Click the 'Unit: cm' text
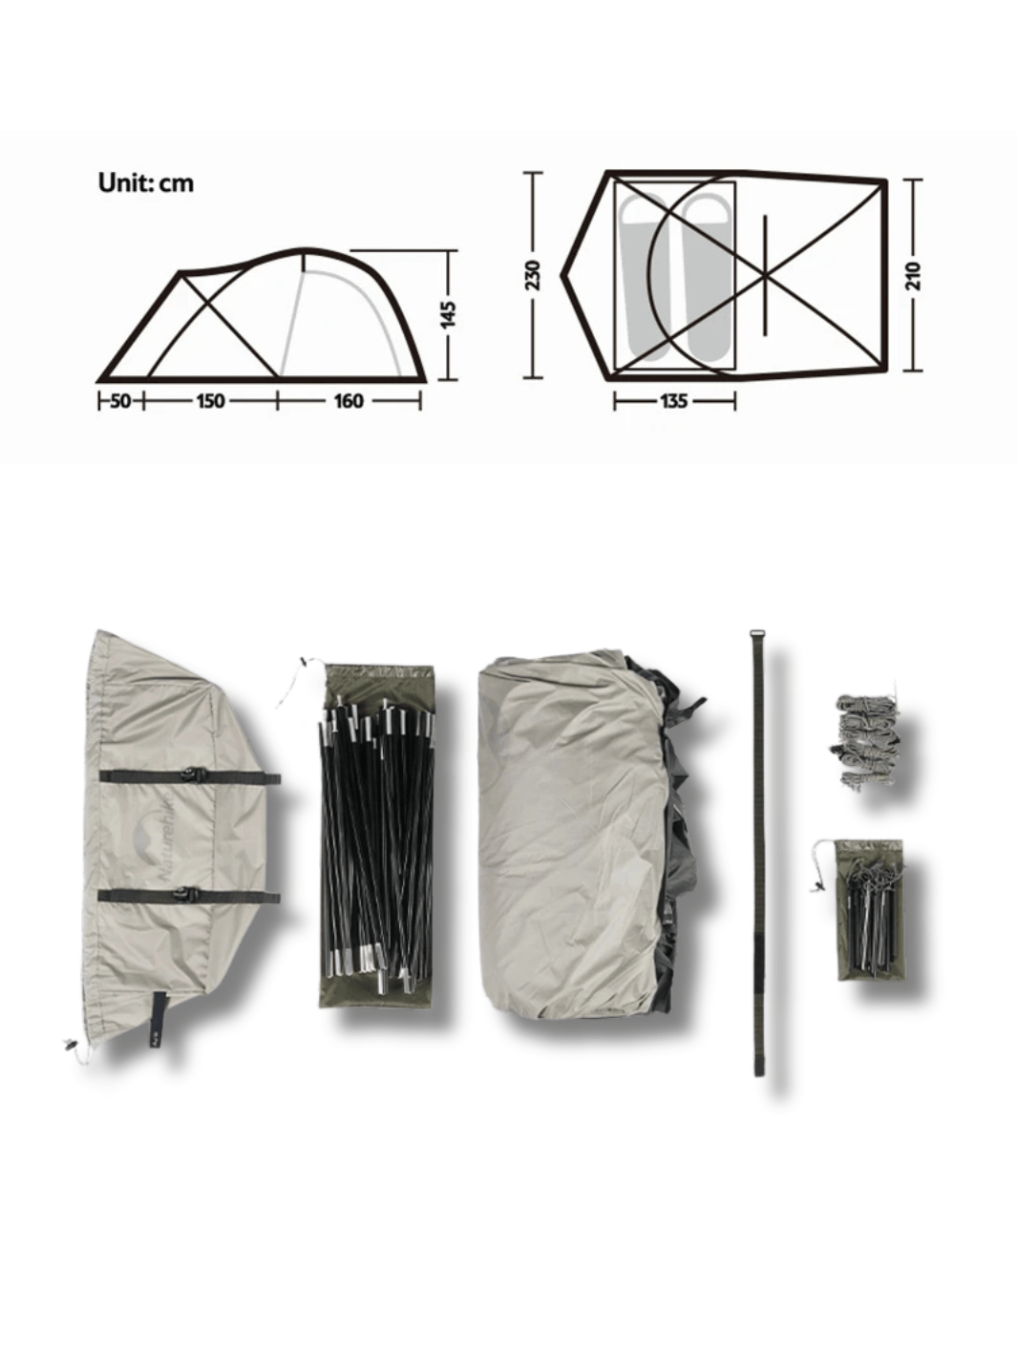146,182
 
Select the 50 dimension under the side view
120,401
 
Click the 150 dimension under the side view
210,401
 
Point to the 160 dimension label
349,401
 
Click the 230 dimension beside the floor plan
532,276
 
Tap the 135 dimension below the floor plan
673,401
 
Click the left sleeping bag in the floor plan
645,278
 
